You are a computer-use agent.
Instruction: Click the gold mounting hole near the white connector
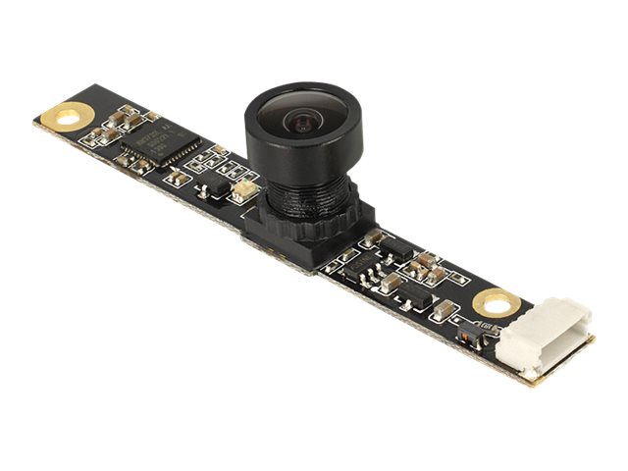492,303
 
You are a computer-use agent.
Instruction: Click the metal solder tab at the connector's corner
531,373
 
